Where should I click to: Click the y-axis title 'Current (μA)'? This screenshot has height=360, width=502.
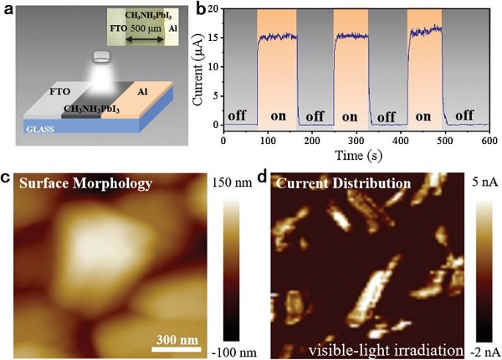pos(202,68)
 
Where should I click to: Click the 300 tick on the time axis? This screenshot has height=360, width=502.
pos(361,140)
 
